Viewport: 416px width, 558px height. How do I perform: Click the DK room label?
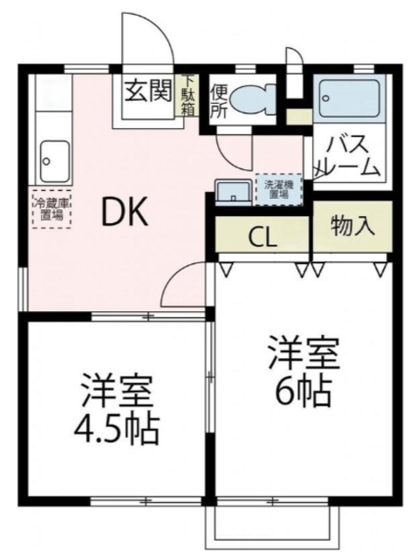[125, 213]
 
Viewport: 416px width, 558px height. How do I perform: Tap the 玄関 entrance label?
[148, 90]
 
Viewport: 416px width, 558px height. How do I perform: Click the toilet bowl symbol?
[253, 99]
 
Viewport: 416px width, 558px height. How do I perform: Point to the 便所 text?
[219, 101]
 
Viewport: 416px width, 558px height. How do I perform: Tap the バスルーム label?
[348, 157]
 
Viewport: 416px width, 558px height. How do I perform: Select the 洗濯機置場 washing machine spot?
[279, 190]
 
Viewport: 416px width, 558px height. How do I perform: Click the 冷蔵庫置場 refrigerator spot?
[52, 209]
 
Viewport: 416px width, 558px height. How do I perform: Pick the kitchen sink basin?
[55, 161]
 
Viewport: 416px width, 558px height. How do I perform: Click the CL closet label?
[263, 238]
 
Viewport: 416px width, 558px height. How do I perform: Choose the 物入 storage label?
[352, 226]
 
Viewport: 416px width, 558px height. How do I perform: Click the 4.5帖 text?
[116, 428]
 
